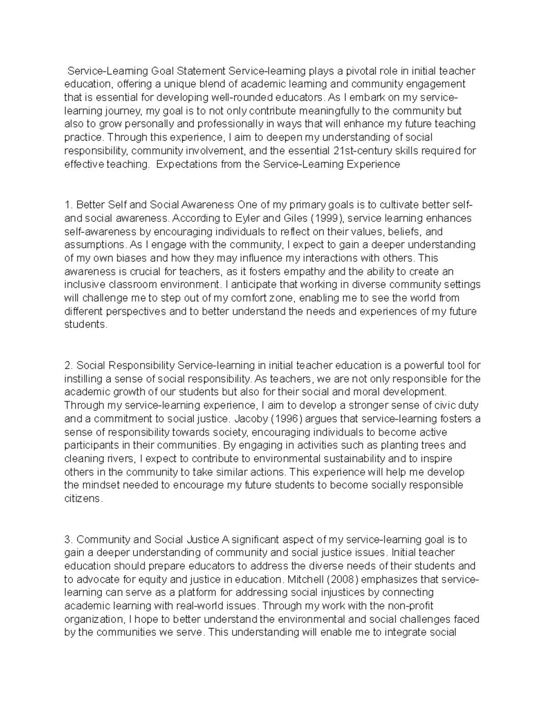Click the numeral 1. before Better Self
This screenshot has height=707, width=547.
(x=69, y=205)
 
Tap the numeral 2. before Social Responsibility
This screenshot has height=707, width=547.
(x=69, y=366)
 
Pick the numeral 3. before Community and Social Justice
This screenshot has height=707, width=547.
(x=69, y=539)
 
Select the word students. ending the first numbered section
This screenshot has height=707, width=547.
(x=86, y=325)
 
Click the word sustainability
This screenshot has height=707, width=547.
(x=352, y=458)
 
